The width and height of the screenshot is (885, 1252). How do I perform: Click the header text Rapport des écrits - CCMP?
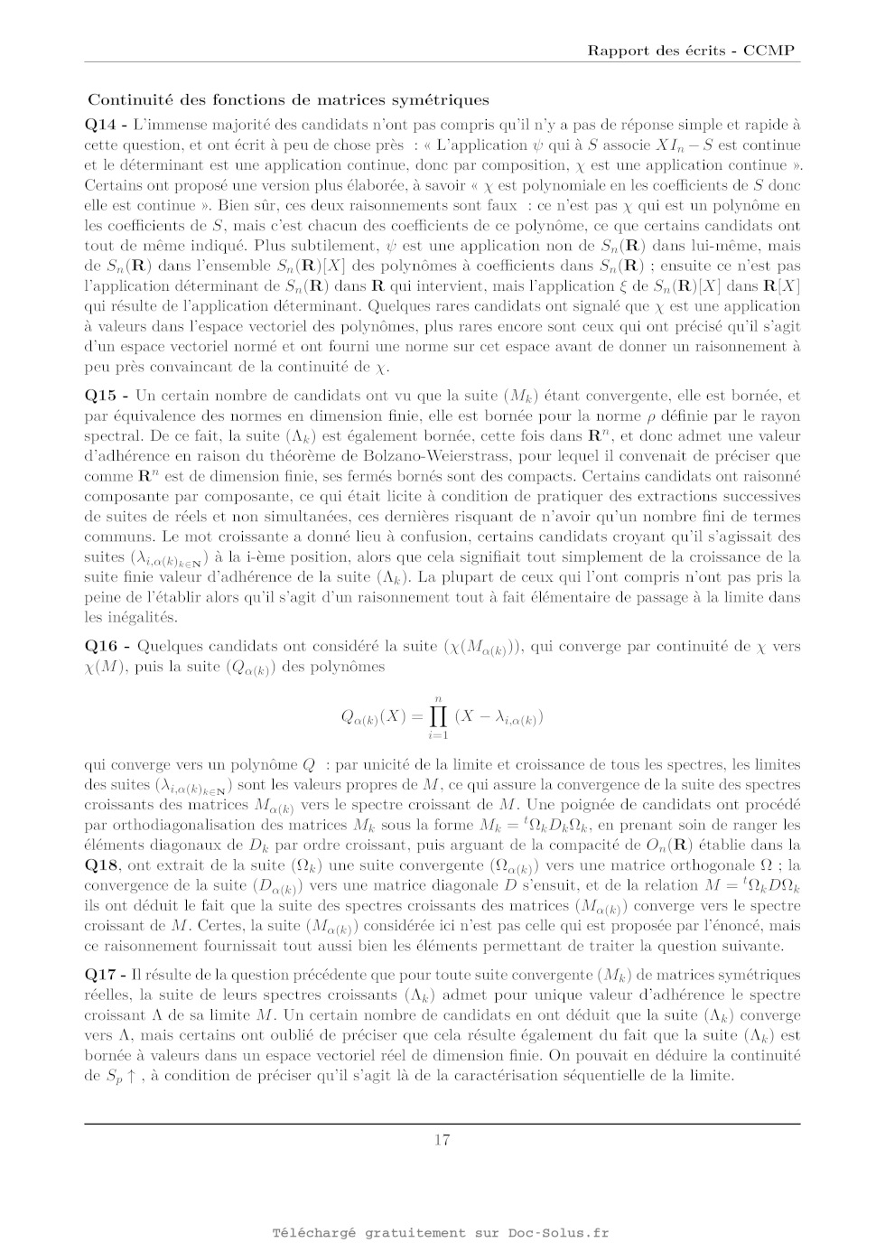(x=691, y=51)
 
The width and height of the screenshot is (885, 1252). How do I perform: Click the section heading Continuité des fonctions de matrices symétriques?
(x=288, y=100)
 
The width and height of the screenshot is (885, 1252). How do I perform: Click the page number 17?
(x=442, y=1140)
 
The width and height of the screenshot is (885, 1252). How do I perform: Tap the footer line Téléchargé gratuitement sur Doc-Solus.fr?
(x=442, y=1233)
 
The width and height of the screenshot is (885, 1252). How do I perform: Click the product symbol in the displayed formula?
(x=438, y=716)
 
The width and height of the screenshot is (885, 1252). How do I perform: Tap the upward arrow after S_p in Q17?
(x=132, y=1076)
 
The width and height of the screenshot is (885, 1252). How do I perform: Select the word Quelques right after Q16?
(x=169, y=646)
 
